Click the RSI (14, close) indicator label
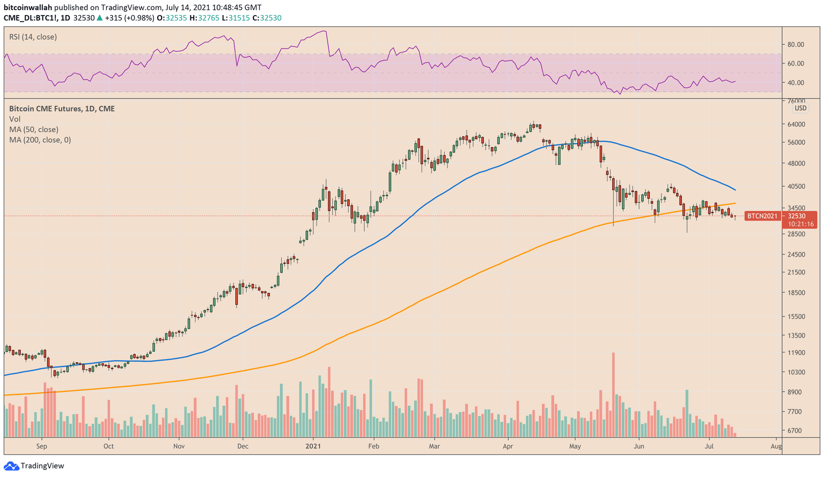point(33,37)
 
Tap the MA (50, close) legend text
point(34,129)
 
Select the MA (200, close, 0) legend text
point(40,140)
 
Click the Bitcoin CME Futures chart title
point(62,108)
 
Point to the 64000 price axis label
point(796,124)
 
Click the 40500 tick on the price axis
point(796,187)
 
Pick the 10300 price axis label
point(796,372)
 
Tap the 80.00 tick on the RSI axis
point(796,45)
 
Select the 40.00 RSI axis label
point(796,83)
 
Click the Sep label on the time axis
point(42,446)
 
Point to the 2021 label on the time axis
point(313,446)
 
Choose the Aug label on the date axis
point(776,446)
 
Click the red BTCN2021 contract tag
point(762,216)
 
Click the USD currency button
point(800,108)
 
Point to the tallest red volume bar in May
point(613,394)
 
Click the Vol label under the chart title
point(15,119)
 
